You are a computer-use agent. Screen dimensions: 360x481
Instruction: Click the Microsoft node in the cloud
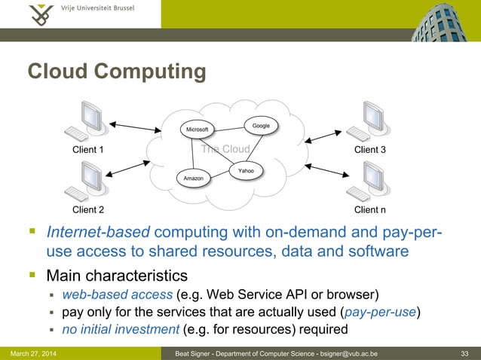197,130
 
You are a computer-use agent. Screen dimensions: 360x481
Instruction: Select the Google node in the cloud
261,125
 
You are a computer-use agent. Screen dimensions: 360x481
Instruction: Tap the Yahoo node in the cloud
246,172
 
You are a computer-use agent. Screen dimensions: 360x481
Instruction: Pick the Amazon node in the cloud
191,178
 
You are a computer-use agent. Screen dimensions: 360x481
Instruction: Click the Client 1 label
87,150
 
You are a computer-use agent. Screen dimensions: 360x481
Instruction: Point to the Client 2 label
87,209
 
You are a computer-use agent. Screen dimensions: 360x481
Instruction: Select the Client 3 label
370,150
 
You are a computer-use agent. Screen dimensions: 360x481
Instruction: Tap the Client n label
370,209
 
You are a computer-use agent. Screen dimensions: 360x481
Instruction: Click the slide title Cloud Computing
117,72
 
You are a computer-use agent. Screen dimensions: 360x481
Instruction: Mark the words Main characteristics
117,273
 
